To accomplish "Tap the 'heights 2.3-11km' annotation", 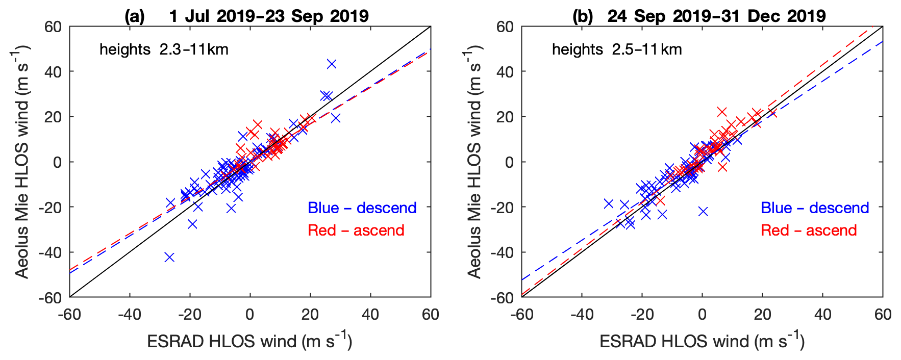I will [164, 49].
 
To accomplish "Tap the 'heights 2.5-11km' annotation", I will [617, 49].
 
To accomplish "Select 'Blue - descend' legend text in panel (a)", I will [362, 208].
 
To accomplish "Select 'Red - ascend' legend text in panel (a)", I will [356, 230].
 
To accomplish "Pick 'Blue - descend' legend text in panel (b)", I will [815, 208].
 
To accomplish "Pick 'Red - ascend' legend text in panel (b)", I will [809, 230].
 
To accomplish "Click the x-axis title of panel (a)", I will [249, 341].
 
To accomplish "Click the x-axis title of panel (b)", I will [702, 341].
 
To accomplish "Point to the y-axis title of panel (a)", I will [22, 162].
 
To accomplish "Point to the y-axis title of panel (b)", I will [474, 162].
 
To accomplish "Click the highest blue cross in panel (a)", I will [332, 64].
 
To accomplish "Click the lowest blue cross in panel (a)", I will [169, 257].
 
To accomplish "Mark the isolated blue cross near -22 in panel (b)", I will [703, 211].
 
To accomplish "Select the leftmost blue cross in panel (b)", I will [608, 203].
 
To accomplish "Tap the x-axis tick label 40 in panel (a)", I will [370, 314].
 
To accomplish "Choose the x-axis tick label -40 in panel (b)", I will [582, 314].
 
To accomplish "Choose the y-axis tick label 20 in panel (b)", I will [505, 117].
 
